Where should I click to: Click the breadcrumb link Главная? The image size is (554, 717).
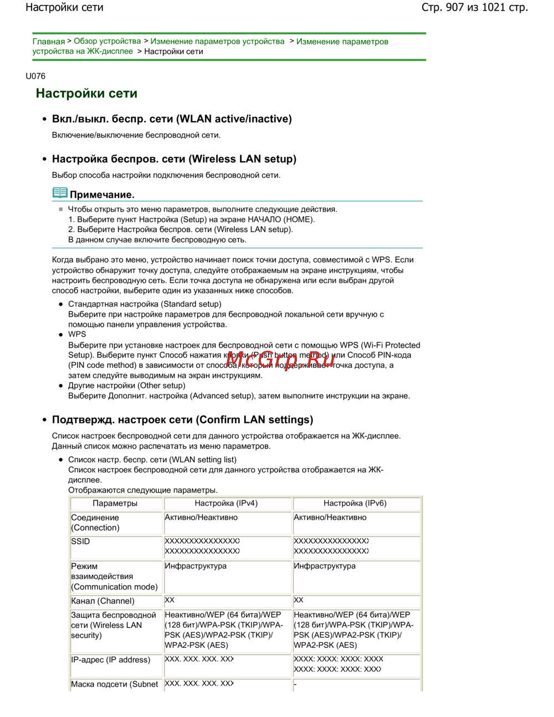[48, 42]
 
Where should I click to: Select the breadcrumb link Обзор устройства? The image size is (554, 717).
[107, 42]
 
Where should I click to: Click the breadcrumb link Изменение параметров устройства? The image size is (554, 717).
[217, 42]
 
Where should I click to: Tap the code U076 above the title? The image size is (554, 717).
[35, 76]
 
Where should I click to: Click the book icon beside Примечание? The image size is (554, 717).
[60, 193]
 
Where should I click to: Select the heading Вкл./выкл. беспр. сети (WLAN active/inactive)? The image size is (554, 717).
[172, 119]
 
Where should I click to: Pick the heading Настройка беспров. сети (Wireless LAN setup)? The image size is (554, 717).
[174, 159]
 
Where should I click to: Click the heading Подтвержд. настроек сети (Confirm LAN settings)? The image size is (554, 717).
[182, 419]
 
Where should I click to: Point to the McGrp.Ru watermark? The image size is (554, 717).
[280, 360]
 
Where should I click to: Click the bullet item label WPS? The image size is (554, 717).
[77, 334]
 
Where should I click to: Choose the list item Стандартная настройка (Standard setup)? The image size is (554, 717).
[145, 304]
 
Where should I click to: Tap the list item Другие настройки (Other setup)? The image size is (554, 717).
[127, 386]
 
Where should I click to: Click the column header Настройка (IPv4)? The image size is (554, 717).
[226, 503]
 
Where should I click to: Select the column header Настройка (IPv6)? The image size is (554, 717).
[355, 503]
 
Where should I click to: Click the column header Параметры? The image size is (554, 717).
[115, 503]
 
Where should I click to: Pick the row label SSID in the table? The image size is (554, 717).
[80, 541]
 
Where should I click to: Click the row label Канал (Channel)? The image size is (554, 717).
[102, 601]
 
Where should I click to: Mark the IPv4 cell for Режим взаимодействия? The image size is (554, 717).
[196, 566]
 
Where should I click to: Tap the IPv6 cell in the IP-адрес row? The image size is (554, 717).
[338, 664]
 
